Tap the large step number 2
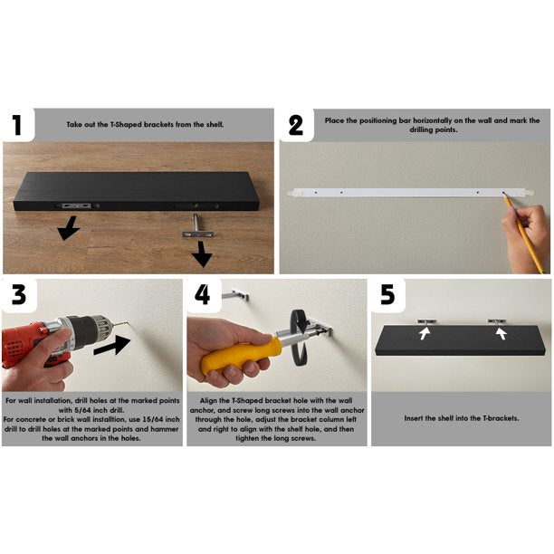pos(295,125)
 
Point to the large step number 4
pos(202,295)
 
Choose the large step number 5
pos(387,295)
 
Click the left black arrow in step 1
pos(66,228)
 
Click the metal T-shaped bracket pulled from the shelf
pos(196,229)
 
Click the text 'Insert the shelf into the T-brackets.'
pos(461,419)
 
